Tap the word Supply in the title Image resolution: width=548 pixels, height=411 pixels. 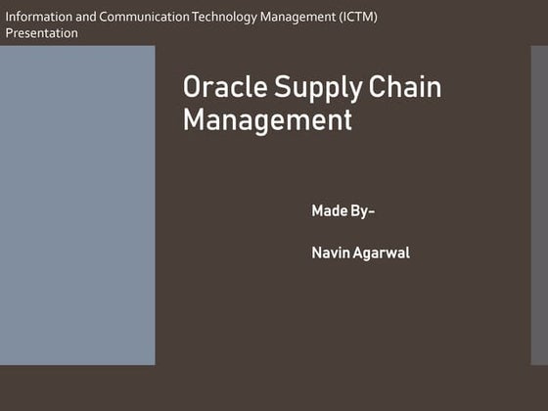(304, 89)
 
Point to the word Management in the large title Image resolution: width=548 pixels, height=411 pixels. (267, 121)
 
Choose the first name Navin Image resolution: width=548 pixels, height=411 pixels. (330, 253)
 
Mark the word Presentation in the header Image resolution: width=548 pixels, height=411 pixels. (41, 33)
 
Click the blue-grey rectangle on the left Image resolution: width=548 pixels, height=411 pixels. (77, 205)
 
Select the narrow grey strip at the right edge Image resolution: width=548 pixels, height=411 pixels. (539, 205)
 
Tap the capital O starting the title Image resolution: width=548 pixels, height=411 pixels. (193, 87)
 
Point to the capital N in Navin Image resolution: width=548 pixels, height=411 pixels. (317, 253)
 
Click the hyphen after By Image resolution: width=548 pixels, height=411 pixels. (372, 212)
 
